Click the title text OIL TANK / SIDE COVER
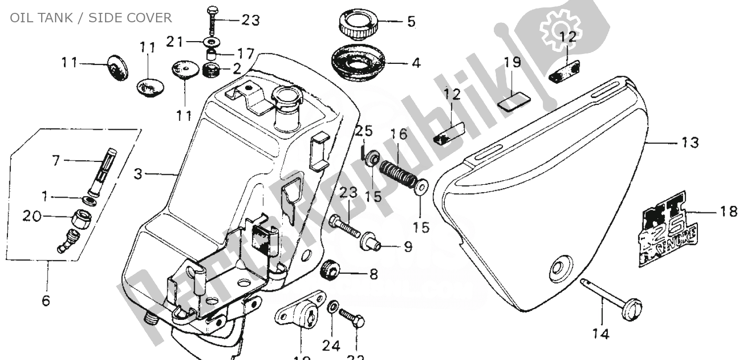(91, 18)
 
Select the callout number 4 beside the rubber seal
(416, 63)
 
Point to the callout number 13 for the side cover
(690, 143)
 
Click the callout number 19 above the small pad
(513, 63)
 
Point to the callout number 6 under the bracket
(46, 301)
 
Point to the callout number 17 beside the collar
(246, 52)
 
